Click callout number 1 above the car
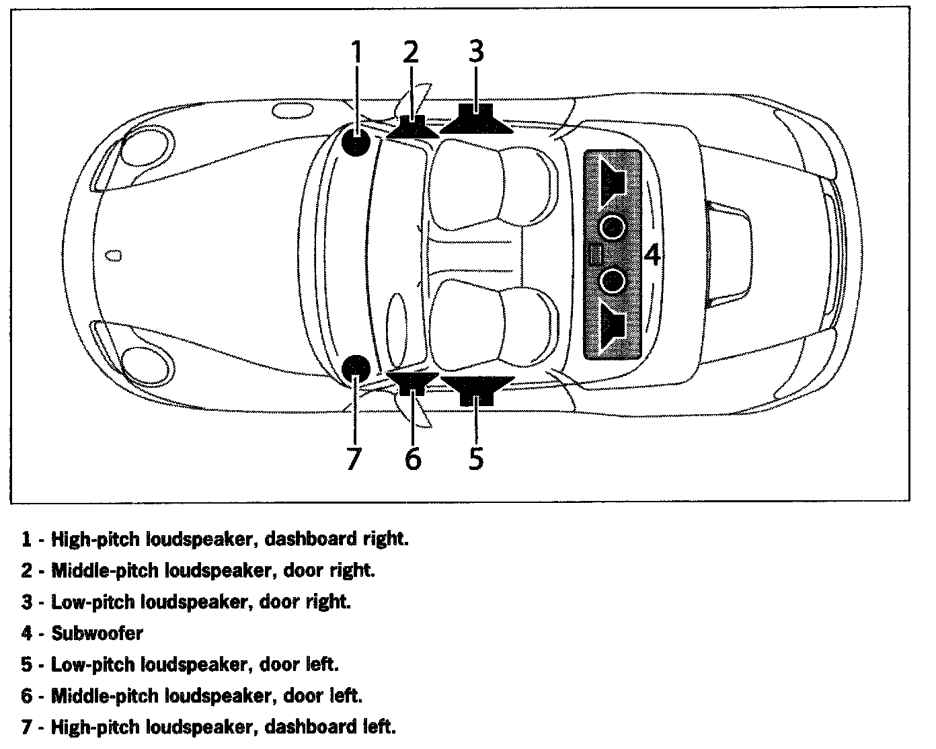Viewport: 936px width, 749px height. pos(356,52)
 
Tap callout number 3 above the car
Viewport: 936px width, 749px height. pos(476,52)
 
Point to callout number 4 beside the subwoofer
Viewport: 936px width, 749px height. pos(652,255)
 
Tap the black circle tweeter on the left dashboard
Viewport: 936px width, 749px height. pos(356,368)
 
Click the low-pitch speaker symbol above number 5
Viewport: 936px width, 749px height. pos(476,389)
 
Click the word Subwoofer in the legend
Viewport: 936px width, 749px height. pos(97,633)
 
